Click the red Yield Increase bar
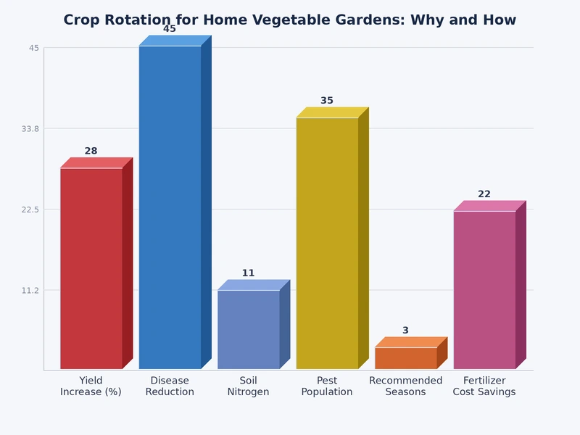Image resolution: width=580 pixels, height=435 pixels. [91, 268]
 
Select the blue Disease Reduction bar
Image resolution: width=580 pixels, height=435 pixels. [170, 207]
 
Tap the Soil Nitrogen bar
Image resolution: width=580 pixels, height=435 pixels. [249, 330]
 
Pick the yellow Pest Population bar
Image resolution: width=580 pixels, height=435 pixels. [327, 243]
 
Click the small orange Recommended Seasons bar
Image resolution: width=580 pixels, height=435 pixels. [406, 358]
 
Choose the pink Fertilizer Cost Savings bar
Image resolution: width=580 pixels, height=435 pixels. [484, 290]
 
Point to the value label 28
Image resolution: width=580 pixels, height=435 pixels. [91, 152]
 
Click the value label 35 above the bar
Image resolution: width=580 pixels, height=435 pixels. [327, 101]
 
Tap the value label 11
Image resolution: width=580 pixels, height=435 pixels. [248, 273]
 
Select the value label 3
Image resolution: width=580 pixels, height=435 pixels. [405, 331]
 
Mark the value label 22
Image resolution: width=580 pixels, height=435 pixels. [484, 194]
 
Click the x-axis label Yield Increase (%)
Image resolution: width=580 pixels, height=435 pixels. [91, 386]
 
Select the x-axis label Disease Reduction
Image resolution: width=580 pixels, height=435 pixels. [170, 386]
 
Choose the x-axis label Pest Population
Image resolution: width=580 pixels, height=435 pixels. [327, 386]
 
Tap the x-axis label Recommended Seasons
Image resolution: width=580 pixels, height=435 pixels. [405, 386]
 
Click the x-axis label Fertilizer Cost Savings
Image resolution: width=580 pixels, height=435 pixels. [484, 386]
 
